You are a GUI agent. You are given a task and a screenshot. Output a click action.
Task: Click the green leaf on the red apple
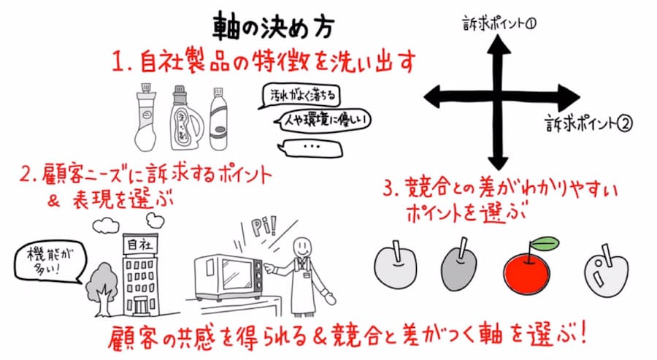[x=545, y=243]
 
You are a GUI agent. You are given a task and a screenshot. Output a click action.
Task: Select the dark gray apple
[x=459, y=268]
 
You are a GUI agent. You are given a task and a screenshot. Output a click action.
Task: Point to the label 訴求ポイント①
[x=499, y=23]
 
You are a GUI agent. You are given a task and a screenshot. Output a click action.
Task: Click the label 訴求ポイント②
[x=588, y=123]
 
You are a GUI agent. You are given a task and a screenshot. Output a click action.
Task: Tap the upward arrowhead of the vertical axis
[x=498, y=45]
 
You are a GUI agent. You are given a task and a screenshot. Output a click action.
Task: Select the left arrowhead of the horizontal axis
[x=434, y=97]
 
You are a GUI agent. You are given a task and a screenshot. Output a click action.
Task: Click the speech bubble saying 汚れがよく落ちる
[x=300, y=96]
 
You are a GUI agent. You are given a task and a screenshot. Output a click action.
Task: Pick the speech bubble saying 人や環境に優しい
[x=323, y=120]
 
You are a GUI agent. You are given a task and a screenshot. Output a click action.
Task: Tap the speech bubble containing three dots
[x=310, y=147]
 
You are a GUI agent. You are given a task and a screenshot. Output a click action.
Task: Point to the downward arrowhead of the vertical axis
[x=498, y=161]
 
